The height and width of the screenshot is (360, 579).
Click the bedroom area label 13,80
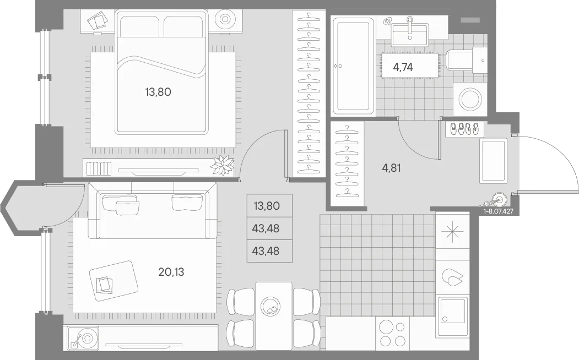pyautogui.click(x=158, y=92)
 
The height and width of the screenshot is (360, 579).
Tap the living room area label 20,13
pyautogui.click(x=171, y=272)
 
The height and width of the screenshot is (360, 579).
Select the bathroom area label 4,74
pyautogui.click(x=403, y=67)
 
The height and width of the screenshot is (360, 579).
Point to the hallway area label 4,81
pyautogui.click(x=391, y=168)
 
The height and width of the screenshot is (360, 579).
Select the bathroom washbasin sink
pyautogui.click(x=410, y=32)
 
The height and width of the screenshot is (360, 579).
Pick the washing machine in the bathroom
pyautogui.click(x=470, y=99)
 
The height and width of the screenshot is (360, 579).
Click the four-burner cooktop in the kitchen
pyautogui.click(x=392, y=334)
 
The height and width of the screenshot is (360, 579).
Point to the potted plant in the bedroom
pyautogui.click(x=223, y=165)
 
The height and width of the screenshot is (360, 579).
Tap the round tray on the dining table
pyautogui.click(x=270, y=306)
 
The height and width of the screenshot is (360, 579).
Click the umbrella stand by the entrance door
pyautogui.click(x=498, y=200)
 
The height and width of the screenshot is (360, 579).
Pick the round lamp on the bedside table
pyautogui.click(x=225, y=19)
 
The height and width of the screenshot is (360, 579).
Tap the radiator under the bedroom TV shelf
pyautogui.click(x=99, y=168)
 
